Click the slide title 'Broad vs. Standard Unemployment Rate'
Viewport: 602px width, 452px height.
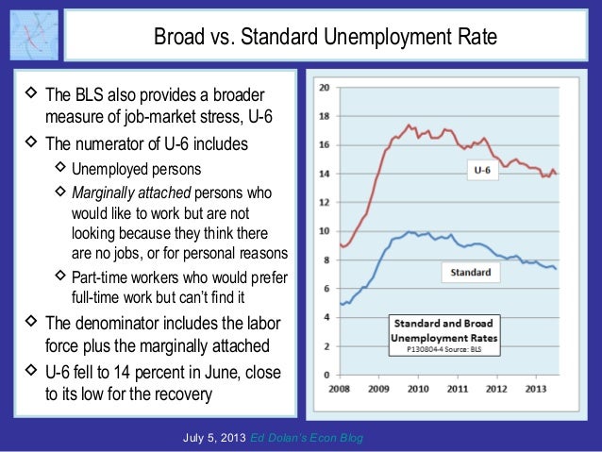click(x=325, y=39)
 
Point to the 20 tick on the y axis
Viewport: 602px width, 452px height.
click(x=324, y=88)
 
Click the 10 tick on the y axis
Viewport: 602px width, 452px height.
click(x=324, y=231)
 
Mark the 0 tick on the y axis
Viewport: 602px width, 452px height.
click(x=326, y=374)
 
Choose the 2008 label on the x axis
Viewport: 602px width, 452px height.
click(x=340, y=387)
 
